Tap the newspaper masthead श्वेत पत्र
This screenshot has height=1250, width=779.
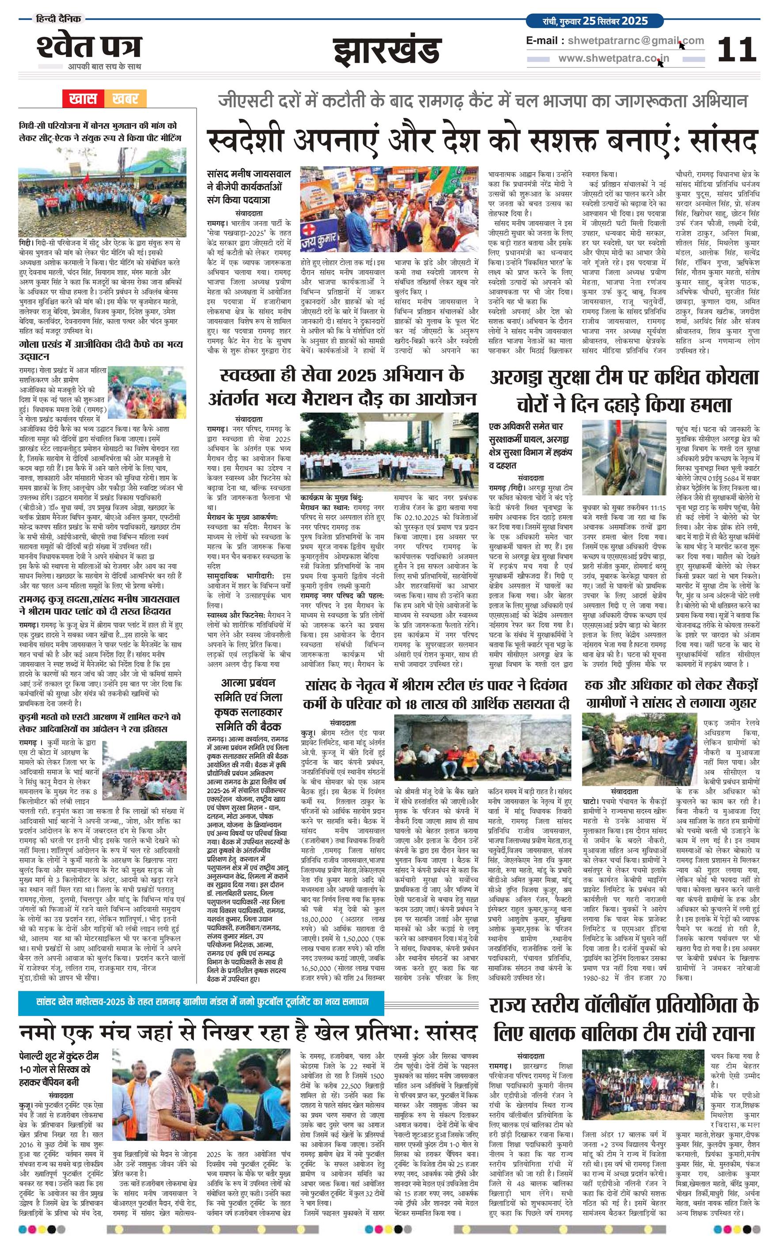point(89,47)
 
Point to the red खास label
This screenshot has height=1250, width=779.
point(83,98)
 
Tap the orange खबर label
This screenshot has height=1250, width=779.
point(125,98)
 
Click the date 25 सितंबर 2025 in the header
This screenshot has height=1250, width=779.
point(615,21)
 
